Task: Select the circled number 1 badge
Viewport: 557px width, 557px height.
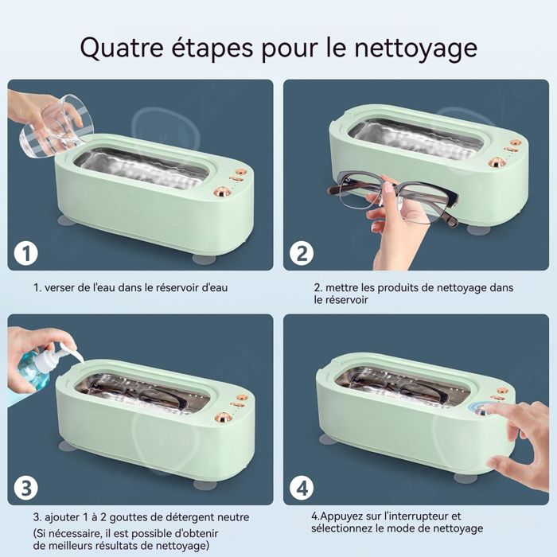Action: [26, 254]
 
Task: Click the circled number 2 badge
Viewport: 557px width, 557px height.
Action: [302, 254]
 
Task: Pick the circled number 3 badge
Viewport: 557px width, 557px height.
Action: [26, 488]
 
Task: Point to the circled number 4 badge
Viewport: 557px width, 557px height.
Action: [302, 488]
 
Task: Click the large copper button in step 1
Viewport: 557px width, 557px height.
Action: [223, 193]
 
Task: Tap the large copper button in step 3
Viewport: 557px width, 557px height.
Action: [223, 418]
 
